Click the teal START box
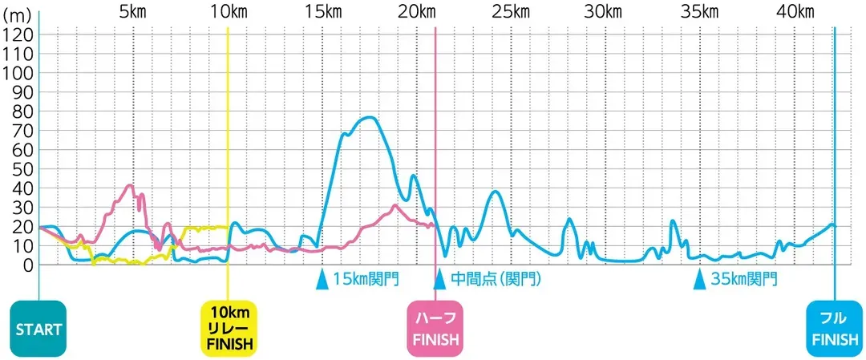coord(39,329)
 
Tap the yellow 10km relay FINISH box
coord(229,329)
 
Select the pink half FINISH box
coord(435,329)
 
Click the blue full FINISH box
coord(834,329)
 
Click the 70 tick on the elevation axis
coord(20,130)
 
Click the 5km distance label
coord(133,12)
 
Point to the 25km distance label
coord(510,12)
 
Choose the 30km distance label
coord(605,12)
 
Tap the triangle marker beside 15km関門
coord(322,279)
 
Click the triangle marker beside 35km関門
coord(698,279)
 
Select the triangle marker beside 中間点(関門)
coord(439,279)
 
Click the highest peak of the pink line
coord(131,185)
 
